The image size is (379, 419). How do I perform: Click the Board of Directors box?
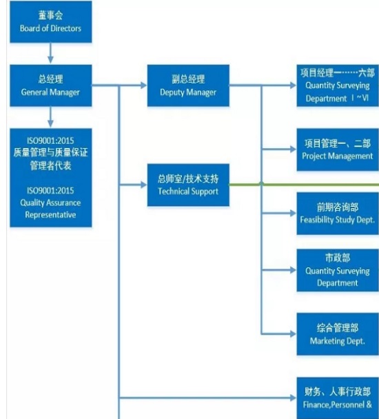click(x=51, y=21)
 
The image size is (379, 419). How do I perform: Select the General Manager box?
click(x=51, y=85)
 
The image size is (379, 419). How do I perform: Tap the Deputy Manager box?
click(x=188, y=85)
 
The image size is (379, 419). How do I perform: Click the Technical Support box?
click(x=188, y=185)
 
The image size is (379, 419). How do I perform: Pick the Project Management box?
click(x=338, y=150)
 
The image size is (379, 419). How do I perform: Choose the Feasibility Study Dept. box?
click(x=338, y=213)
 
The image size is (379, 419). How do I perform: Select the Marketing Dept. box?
click(x=338, y=334)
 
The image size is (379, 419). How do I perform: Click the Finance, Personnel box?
click(x=338, y=398)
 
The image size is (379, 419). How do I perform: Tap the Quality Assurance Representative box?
click(x=51, y=178)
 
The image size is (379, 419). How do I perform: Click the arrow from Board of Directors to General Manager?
click(x=50, y=53)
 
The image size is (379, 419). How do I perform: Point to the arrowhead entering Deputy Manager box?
click(x=144, y=85)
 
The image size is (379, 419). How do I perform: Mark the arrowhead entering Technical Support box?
click(x=144, y=185)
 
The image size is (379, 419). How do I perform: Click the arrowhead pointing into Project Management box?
click(x=293, y=150)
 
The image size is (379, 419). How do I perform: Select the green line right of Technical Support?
click(x=304, y=185)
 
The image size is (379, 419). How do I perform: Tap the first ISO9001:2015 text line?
click(x=50, y=141)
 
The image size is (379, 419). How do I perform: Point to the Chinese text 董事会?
click(x=50, y=15)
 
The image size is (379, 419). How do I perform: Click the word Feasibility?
click(x=316, y=220)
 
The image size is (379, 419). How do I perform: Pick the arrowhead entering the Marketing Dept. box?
click(x=293, y=334)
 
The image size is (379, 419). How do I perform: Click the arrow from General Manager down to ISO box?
click(x=50, y=117)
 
